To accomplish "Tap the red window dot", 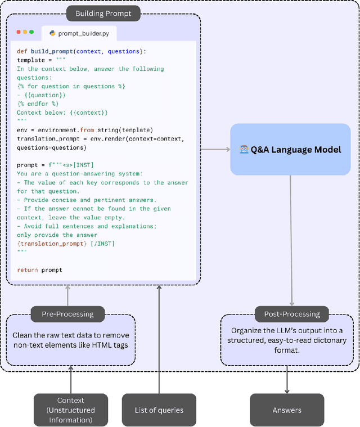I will click(x=19, y=32).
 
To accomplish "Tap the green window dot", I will click(x=31, y=32).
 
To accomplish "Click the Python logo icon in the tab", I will click(x=52, y=34).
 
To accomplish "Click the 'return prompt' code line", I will click(x=39, y=270).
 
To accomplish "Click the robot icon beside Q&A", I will click(x=244, y=151).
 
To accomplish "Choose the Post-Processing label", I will click(x=287, y=313).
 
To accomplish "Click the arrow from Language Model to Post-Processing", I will click(x=291, y=242).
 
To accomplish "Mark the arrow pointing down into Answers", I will click(x=287, y=380).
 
